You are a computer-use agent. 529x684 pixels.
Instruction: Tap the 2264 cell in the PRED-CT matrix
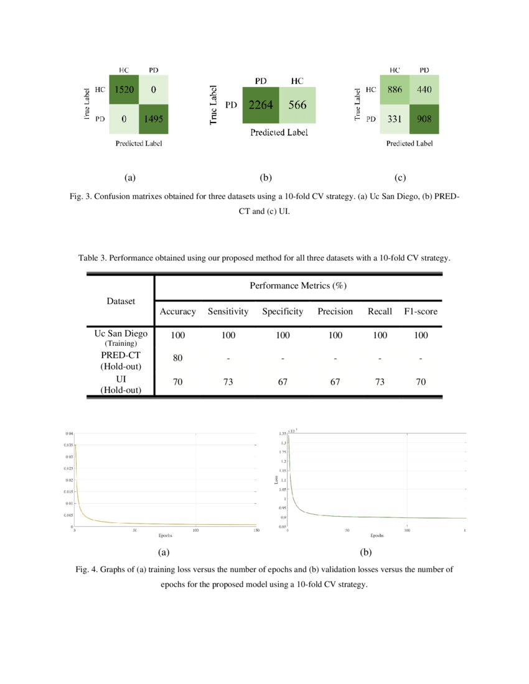click(x=260, y=105)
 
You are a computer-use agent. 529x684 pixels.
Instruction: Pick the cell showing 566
click(x=297, y=105)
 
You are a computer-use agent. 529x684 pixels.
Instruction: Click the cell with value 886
click(x=395, y=90)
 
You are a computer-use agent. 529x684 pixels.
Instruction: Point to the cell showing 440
click(x=424, y=90)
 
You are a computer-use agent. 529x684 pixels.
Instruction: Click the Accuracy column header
click(x=178, y=312)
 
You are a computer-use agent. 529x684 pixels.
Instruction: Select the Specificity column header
click(x=283, y=312)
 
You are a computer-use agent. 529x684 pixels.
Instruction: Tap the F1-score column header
click(x=421, y=312)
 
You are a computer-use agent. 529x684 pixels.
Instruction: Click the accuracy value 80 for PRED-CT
click(x=178, y=358)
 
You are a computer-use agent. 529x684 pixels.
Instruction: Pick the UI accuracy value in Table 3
click(x=178, y=382)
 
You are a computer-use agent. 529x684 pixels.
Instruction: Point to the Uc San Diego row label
click(x=121, y=334)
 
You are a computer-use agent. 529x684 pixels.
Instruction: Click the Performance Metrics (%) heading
click(x=298, y=286)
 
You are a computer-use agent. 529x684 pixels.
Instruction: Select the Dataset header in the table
click(x=121, y=301)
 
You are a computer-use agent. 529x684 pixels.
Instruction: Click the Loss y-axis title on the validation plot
click(x=276, y=479)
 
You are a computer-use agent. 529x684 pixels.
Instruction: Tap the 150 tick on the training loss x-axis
click(x=256, y=530)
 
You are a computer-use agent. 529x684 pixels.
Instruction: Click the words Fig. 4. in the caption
click(x=87, y=570)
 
